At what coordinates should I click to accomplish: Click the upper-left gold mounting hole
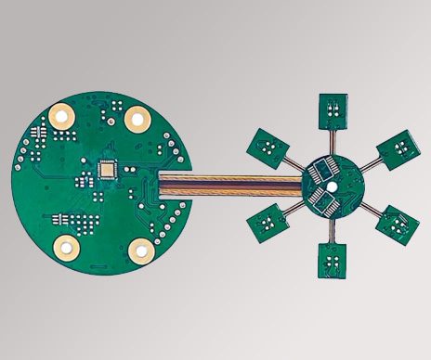tap(63, 117)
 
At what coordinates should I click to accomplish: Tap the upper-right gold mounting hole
tap(138, 117)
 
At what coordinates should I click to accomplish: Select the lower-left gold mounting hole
tap(66, 246)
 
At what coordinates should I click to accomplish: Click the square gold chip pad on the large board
tap(108, 169)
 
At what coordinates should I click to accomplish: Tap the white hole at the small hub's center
tap(332, 184)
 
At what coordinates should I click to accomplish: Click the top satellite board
tap(333, 111)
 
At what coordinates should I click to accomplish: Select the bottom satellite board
tap(332, 261)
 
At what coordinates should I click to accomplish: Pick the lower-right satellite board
tap(397, 224)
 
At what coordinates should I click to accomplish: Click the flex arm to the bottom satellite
tap(332, 229)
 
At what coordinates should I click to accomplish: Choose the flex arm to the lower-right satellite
tap(368, 206)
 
